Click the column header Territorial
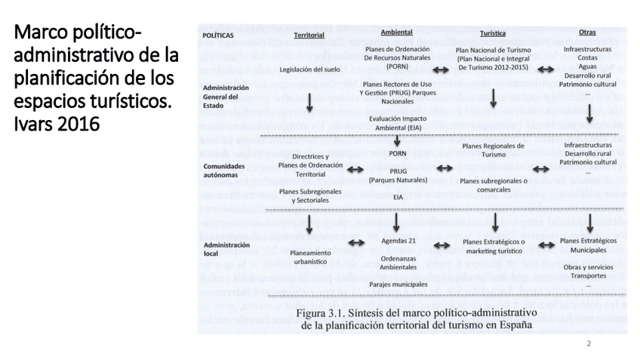tap(309, 35)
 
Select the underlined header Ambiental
tap(396, 32)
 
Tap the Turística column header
tap(493, 34)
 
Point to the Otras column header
tap(586, 32)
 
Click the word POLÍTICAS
tap(219, 35)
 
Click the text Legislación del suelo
tap(309, 69)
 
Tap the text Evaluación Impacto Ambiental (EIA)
tap(396, 123)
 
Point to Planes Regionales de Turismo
tap(493, 150)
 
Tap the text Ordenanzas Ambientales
tap(396, 262)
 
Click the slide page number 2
tap(589, 343)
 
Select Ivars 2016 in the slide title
tap(57, 122)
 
